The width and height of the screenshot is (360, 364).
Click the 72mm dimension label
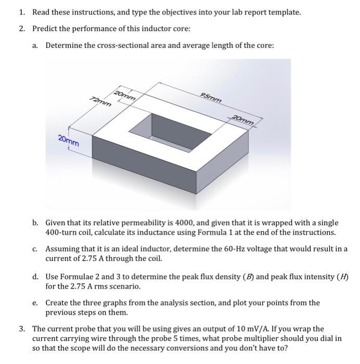(100, 101)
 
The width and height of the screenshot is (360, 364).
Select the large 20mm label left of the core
(69, 140)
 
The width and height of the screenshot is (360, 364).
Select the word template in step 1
(284, 11)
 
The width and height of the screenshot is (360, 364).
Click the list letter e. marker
(35, 303)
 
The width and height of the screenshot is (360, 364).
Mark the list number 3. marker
(22, 329)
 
